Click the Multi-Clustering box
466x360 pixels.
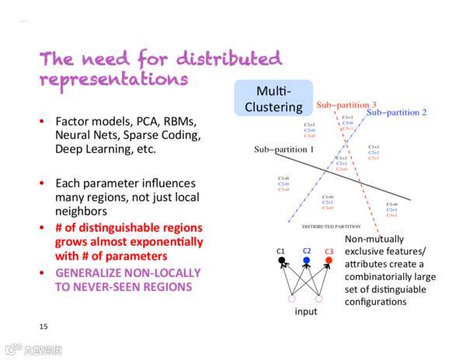pos(273,99)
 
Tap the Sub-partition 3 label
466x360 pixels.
pos(346,105)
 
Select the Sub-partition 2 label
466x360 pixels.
pos(396,112)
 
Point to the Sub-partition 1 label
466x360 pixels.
pos(283,148)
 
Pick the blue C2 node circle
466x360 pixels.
pos(306,260)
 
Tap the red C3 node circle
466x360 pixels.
pos(329,260)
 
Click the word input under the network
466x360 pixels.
pos(305,311)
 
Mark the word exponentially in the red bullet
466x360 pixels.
pos(161,241)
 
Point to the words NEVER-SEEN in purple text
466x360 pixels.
pos(103,286)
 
